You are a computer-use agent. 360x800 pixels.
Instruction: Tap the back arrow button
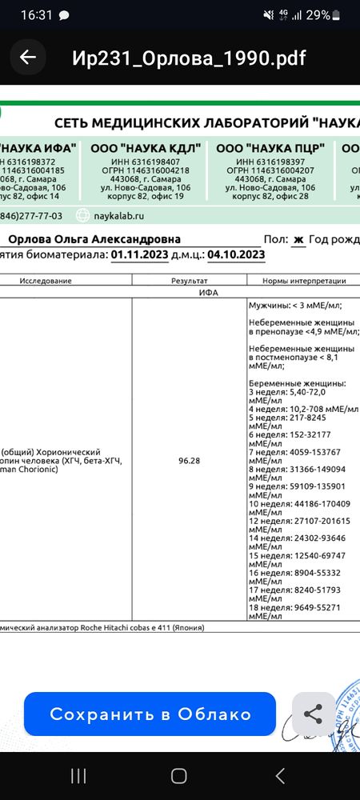pos(28,58)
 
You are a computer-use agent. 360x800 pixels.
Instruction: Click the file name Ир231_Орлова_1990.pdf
pos(189,58)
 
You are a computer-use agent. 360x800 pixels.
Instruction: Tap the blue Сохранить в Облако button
pos(150,714)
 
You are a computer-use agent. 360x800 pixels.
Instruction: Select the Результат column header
pos(190,281)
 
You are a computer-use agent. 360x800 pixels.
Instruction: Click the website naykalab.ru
pos(120,214)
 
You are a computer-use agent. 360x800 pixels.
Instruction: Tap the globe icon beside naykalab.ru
pos(82,214)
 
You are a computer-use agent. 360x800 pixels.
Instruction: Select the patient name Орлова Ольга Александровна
pos(94,239)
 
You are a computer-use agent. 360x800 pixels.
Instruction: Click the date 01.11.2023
pos(141,254)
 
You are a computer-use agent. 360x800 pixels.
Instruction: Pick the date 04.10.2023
pos(236,254)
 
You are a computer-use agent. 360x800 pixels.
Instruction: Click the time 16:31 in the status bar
pos(35,15)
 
